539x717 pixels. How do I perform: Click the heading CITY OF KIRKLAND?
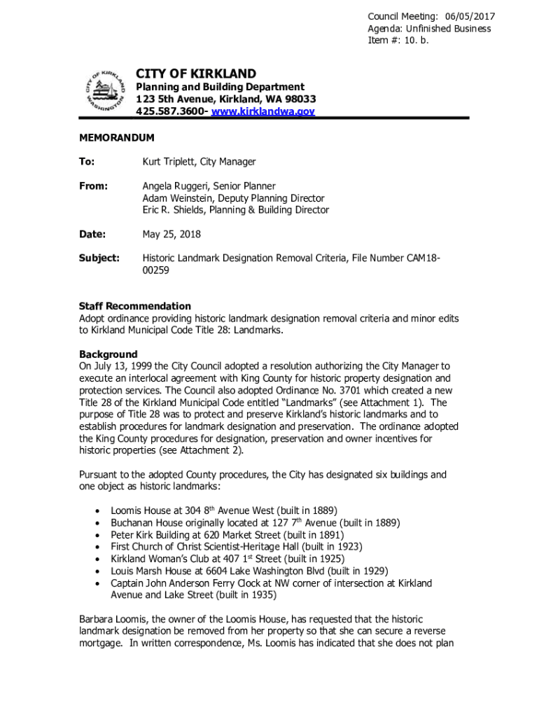point(195,74)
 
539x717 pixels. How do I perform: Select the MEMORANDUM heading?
point(116,139)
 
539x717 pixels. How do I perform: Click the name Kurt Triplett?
point(169,162)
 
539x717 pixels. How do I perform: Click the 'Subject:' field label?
point(99,258)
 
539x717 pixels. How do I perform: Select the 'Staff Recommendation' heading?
point(134,306)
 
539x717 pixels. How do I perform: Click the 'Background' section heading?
point(108,354)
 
